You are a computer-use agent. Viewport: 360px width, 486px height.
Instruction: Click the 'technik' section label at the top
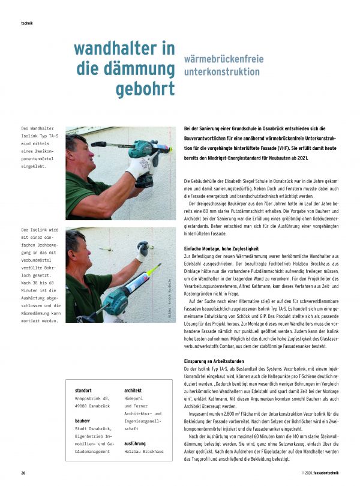[26, 23]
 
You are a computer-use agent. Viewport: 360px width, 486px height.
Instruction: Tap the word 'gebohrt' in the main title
[146, 88]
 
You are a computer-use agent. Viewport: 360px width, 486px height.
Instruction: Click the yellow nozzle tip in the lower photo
[159, 265]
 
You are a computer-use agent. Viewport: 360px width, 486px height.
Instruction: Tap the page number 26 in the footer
[23, 472]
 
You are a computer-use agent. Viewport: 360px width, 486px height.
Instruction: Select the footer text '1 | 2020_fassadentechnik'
[317, 472]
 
